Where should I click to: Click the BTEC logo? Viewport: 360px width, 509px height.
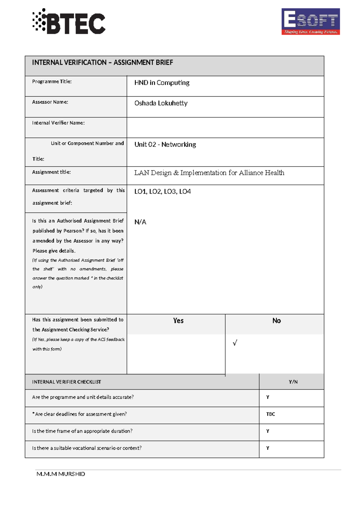69,22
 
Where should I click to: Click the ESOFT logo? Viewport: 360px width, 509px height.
310,22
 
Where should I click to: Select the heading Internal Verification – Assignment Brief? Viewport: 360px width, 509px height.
103,62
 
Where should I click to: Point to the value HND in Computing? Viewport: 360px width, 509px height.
162,83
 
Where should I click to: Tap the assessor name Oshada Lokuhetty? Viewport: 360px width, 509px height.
161,103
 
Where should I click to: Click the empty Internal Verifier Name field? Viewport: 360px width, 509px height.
225,128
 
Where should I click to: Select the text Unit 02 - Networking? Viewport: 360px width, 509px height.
165,144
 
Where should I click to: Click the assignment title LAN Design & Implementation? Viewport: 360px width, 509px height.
209,173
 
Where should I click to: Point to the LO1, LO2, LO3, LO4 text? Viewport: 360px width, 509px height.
162,191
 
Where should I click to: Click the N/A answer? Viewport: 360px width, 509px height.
140,222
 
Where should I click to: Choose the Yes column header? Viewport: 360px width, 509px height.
178,321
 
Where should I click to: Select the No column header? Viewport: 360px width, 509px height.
276,321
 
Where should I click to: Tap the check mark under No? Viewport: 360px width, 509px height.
235,343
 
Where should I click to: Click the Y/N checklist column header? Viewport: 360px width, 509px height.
293,382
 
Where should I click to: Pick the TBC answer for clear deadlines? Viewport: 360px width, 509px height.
270,414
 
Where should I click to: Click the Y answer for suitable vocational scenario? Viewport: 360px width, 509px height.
268,448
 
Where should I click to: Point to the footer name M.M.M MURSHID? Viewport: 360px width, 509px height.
61,474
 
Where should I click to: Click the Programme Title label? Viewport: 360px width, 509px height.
52,81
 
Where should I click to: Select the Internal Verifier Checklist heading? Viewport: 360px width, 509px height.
66,382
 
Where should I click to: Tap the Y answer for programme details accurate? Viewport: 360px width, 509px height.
268,397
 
